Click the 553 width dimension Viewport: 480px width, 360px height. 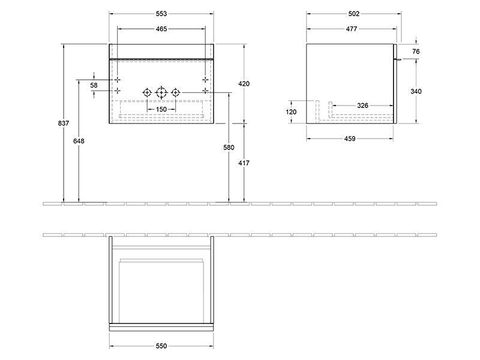click(161, 13)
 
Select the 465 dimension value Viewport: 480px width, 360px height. click(161, 29)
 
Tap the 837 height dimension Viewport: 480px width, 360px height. click(64, 123)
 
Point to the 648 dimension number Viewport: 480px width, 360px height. click(79, 141)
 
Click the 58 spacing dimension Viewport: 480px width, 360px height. click(94, 85)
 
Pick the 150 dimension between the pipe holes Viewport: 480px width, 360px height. click(161, 109)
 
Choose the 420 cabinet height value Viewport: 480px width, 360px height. click(244, 83)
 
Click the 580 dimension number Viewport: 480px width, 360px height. click(229, 148)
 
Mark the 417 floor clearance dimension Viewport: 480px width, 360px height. click(244, 163)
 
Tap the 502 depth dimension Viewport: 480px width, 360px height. click(354, 13)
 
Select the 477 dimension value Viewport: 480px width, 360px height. click(352, 29)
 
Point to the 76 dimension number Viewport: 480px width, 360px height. click(416, 52)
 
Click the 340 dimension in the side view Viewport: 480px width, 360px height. click(416, 91)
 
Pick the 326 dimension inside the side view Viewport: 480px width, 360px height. click(362, 106)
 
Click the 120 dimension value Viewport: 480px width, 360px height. click(291, 112)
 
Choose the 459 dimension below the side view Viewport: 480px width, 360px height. click(350, 139)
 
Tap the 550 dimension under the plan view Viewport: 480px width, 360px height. click(161, 346)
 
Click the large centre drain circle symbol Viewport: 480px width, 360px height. click(161, 92)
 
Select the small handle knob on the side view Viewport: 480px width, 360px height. click(399, 59)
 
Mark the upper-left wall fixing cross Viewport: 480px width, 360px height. click(117, 80)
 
